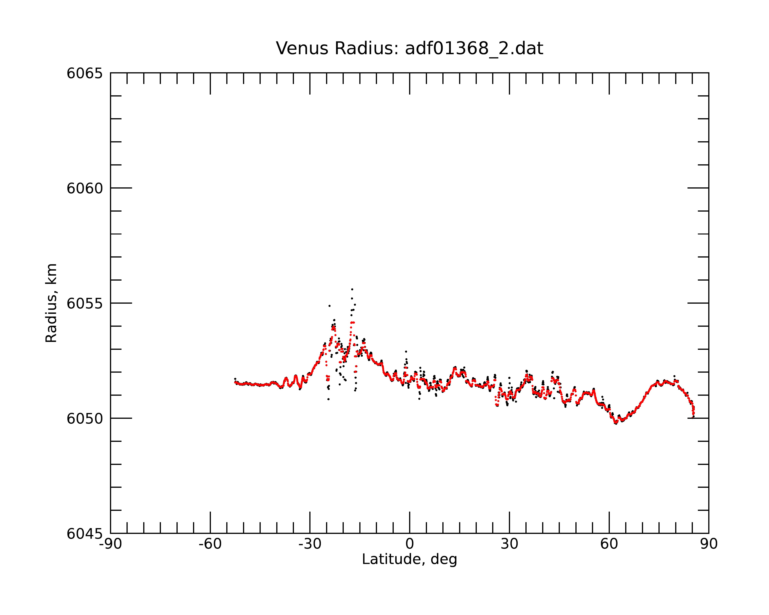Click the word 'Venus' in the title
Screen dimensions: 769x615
pyautogui.click(x=302, y=48)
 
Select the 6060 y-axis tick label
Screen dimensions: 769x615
pyautogui.click(x=85, y=189)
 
